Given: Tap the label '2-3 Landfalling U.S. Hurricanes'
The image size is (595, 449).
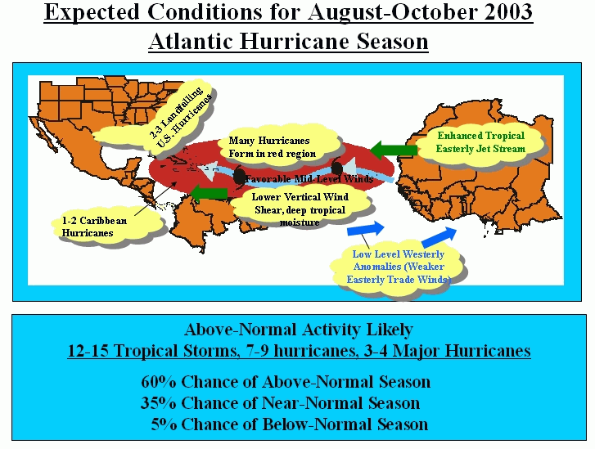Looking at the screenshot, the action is (x=179, y=118).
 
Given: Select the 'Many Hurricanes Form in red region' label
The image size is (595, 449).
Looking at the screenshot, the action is (x=272, y=147).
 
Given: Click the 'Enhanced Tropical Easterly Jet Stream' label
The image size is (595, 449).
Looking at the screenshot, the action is (x=480, y=142).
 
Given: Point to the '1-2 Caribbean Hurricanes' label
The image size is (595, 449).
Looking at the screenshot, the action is (x=94, y=227).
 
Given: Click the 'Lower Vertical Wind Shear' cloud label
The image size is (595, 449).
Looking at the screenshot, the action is (x=300, y=209).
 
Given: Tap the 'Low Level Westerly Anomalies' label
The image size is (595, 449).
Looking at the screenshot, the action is (x=398, y=267).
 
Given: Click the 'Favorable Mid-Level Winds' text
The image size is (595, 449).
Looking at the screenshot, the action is (x=309, y=178).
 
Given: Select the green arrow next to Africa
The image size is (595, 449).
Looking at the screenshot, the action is (x=393, y=150).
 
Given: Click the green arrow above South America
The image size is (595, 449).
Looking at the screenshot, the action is (x=209, y=193).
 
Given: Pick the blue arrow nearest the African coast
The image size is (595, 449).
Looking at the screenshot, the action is (x=439, y=237).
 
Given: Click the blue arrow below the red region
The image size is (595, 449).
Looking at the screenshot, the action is (x=366, y=229).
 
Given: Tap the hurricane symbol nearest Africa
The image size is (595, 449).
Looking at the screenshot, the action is (x=336, y=168).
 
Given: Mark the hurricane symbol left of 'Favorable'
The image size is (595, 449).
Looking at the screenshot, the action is (x=239, y=176).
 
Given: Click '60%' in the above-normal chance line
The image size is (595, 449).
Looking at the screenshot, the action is (x=159, y=381).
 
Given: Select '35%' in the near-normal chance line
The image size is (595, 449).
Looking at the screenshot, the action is (x=159, y=402).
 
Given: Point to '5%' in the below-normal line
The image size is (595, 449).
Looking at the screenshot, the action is (x=164, y=424).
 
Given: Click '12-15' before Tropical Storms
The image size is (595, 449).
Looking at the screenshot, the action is (x=88, y=350).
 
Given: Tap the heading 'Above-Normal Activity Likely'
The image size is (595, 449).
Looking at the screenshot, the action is (x=299, y=330).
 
